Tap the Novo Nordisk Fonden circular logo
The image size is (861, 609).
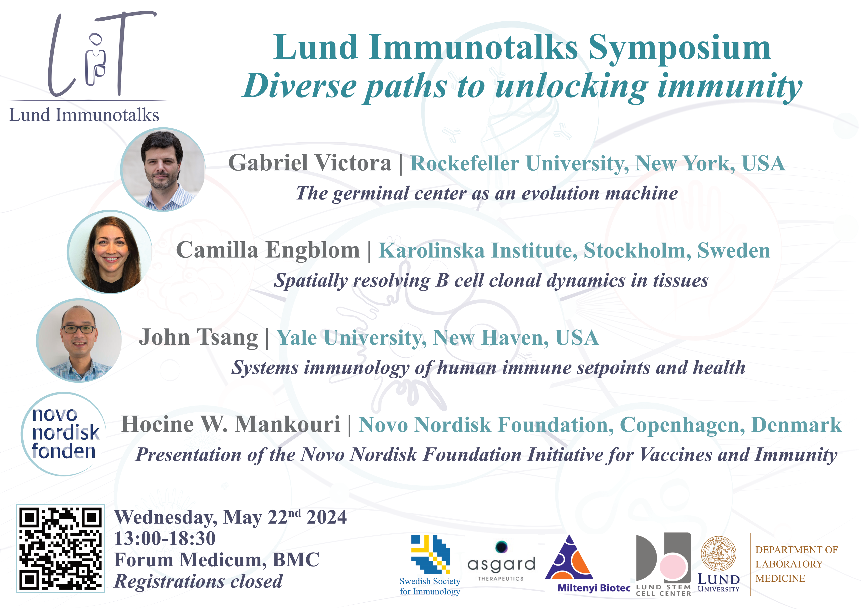point(64,434)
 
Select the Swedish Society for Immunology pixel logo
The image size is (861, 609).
point(430,554)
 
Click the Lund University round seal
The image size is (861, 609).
point(718,554)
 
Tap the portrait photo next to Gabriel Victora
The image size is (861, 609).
point(163,170)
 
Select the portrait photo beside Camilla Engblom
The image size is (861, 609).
point(109,252)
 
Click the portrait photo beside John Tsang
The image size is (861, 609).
point(79,340)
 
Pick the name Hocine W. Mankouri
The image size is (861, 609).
point(231,424)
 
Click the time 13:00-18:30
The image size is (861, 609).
point(165,539)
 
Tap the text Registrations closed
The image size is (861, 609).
point(198,582)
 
